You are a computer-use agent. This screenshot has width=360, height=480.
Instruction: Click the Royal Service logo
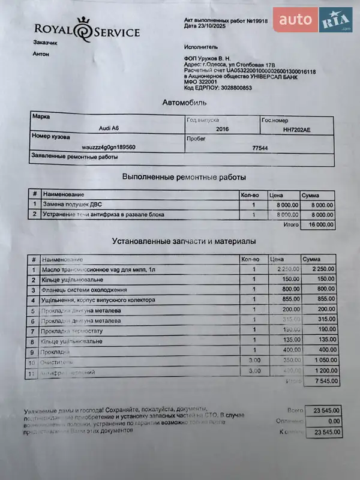(x=86, y=31)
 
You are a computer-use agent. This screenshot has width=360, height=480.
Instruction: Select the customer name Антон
(x=41, y=54)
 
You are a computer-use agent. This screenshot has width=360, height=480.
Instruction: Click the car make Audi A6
(x=109, y=128)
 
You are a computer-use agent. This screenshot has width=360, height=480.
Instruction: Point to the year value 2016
(x=221, y=129)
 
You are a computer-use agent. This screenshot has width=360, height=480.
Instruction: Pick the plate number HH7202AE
(x=296, y=130)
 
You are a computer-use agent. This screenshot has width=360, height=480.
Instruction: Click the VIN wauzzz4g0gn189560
(x=109, y=147)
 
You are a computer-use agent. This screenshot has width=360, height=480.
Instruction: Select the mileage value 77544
(x=259, y=147)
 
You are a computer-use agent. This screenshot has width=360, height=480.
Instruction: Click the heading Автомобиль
(x=184, y=103)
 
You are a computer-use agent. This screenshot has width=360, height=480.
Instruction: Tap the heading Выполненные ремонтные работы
(x=184, y=177)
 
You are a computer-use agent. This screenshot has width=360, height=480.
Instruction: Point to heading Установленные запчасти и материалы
(x=184, y=241)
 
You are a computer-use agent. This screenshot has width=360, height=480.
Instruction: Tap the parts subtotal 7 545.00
(x=322, y=381)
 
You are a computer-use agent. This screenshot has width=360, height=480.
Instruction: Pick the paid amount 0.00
(x=329, y=421)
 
